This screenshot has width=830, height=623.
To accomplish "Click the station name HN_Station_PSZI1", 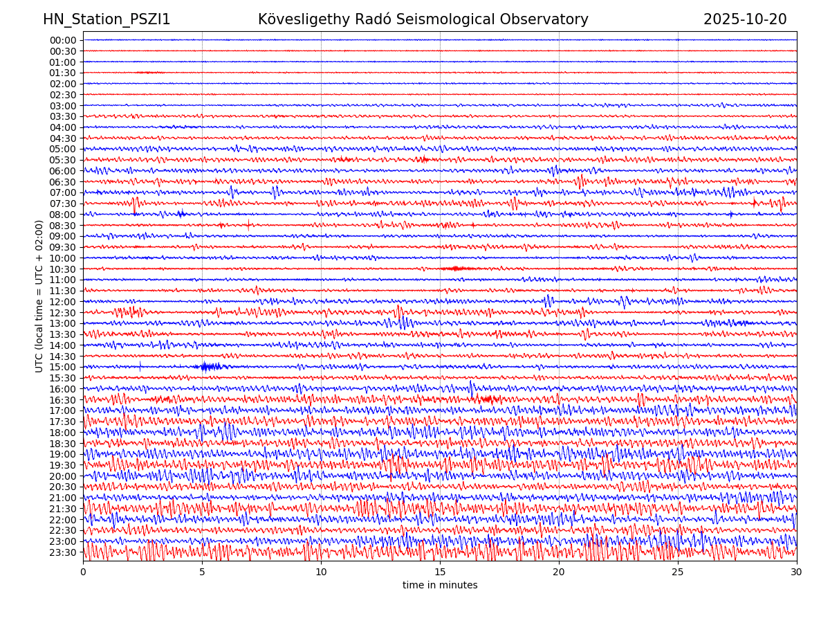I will tap(107, 19).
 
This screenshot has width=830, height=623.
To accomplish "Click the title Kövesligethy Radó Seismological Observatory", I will tap(423, 19).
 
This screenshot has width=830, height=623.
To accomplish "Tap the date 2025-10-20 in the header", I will tap(744, 19).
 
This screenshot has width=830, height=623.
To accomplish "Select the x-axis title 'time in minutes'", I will tap(440, 586).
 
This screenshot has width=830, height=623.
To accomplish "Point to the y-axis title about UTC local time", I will tap(39, 296).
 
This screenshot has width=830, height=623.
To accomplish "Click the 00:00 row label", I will tap(62, 40).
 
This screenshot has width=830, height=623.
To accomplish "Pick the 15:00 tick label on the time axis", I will tap(62, 367).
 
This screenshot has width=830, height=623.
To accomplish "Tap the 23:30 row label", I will tap(62, 552).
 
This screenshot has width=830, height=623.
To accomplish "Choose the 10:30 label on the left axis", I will tap(62, 269).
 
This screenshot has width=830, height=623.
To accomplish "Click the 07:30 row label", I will tap(62, 204).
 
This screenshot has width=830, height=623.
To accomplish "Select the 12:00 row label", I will tap(62, 302).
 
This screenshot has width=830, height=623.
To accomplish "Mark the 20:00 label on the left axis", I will tap(62, 476).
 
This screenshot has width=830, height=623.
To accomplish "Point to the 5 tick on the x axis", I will tap(202, 572).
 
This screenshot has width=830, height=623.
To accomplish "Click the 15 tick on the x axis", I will tap(440, 572).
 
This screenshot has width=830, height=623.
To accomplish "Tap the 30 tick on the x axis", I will tap(796, 572).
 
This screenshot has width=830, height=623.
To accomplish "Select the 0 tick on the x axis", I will tap(83, 572).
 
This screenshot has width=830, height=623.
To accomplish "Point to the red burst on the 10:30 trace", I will tap(458, 268).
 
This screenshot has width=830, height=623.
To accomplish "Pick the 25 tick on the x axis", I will tap(678, 572).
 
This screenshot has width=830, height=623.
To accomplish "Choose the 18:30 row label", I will tap(62, 444).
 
